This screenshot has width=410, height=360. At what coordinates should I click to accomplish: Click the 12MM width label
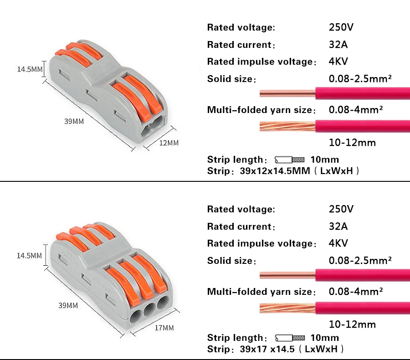[169, 143]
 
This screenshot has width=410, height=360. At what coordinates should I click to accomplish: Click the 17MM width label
[164, 328]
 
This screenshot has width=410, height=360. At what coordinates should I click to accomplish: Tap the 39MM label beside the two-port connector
[74, 122]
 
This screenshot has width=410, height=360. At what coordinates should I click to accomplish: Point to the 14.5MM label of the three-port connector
[29, 256]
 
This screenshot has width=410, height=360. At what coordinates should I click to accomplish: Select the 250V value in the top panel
[341, 27]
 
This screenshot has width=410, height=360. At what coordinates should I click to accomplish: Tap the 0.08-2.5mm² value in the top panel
[360, 79]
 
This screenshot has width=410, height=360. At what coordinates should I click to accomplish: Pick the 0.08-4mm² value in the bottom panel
[355, 291]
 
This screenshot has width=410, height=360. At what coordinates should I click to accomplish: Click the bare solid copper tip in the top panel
[287, 94]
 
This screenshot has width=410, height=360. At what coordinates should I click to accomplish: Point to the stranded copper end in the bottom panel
[287, 308]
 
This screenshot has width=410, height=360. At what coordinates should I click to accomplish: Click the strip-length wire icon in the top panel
[290, 160]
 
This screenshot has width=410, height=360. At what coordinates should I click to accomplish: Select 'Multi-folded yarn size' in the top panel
[261, 110]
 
